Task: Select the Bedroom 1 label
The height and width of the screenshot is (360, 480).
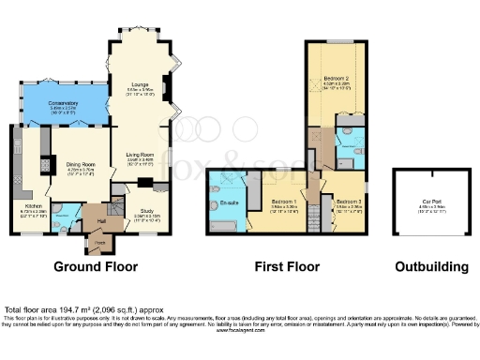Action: [285, 201]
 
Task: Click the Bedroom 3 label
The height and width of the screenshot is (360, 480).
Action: [349, 201]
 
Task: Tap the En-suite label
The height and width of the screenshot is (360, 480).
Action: [227, 202]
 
